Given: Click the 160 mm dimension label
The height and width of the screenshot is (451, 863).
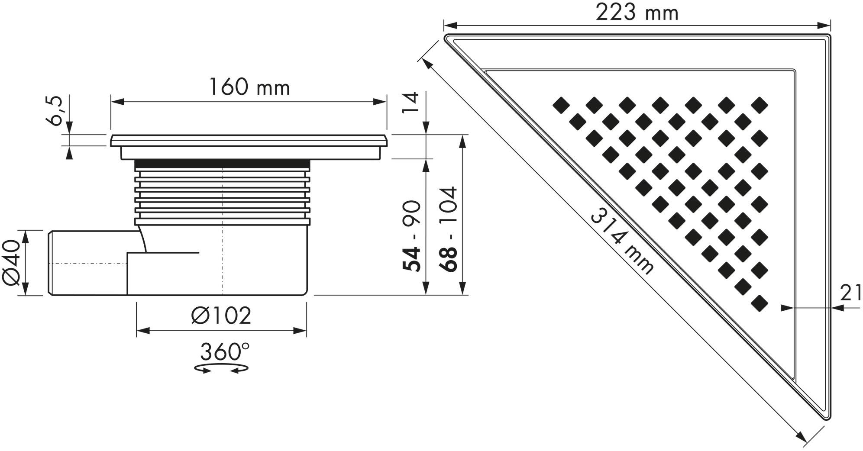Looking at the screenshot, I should click(249, 87).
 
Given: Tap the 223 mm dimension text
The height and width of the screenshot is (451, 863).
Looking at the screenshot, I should click(637, 13).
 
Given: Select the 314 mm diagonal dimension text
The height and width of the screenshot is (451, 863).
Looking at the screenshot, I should click(621, 240).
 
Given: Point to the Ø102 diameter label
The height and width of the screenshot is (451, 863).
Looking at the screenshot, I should click(221, 316).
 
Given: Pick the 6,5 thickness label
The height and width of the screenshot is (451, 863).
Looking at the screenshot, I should click(56, 111).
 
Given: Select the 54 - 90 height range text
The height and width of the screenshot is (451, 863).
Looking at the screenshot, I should click(411, 236).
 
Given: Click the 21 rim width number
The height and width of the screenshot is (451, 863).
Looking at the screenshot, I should click(850, 293).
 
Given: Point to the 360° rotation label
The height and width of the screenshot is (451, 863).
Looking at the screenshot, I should click(224, 351).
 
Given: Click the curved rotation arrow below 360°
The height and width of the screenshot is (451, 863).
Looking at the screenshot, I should click(221, 368).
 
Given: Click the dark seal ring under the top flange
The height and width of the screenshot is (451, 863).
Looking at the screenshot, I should click(222, 163).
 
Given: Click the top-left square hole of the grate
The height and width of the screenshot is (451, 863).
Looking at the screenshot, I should click(562, 105).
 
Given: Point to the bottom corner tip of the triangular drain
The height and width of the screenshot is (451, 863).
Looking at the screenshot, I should click(828, 418).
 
